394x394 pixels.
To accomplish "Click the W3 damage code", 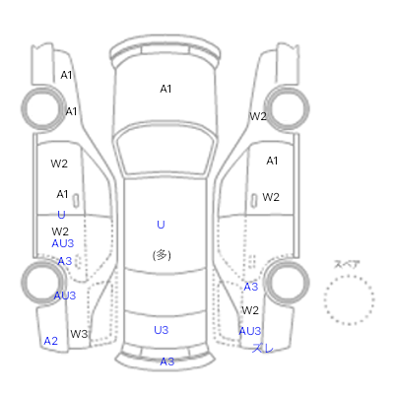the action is click(79, 334).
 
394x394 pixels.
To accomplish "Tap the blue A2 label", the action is click(51, 341).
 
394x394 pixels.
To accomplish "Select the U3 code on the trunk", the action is click(162, 330).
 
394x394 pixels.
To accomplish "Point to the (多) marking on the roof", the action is click(162, 255).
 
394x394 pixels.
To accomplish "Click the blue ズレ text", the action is click(263, 348).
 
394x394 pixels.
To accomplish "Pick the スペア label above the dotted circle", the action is click(347, 264).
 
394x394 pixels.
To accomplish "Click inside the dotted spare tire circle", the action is click(349, 300).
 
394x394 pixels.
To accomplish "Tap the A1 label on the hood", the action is click(165, 89).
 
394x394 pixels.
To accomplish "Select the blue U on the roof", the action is click(161, 225).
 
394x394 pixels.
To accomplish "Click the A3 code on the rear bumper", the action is click(167, 361).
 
